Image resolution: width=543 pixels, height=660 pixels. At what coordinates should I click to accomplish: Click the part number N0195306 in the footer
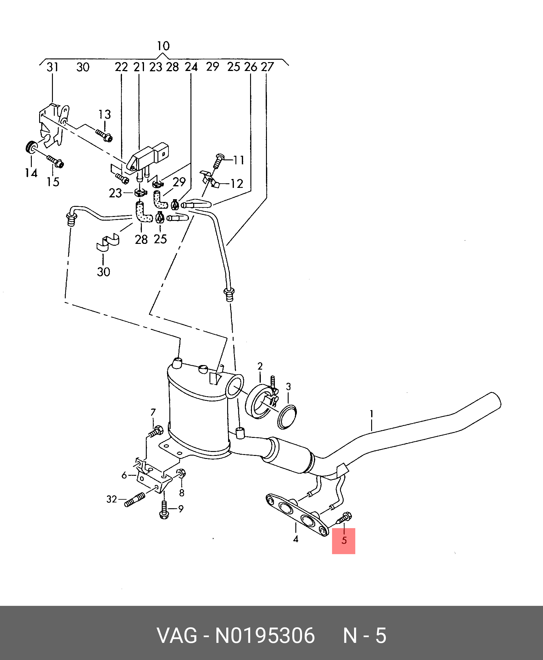[x=264, y=636]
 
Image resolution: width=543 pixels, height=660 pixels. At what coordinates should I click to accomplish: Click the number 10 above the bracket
[x=163, y=46]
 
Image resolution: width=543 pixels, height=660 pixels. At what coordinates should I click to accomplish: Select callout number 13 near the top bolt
[x=105, y=114]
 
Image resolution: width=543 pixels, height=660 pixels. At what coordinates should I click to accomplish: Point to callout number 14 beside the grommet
[x=31, y=173]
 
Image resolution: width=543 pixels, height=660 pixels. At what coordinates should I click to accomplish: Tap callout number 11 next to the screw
[x=239, y=160]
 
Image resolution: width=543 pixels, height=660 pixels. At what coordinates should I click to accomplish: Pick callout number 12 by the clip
[x=237, y=184]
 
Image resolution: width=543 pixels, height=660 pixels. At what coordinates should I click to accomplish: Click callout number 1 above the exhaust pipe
[x=371, y=414]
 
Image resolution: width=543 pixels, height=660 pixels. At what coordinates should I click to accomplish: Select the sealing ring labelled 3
[x=287, y=416]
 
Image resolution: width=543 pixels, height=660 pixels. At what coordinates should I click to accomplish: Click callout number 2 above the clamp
[x=260, y=366]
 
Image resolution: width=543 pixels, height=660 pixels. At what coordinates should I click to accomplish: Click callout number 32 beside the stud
[x=112, y=499]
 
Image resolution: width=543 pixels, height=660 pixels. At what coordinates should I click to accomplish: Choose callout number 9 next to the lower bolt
[x=181, y=509]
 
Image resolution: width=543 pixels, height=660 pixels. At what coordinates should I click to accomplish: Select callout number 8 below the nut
[x=182, y=493]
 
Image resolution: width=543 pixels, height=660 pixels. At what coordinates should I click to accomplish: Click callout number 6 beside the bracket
[x=124, y=475]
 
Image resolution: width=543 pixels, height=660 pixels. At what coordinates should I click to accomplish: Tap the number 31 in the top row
[x=53, y=67]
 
